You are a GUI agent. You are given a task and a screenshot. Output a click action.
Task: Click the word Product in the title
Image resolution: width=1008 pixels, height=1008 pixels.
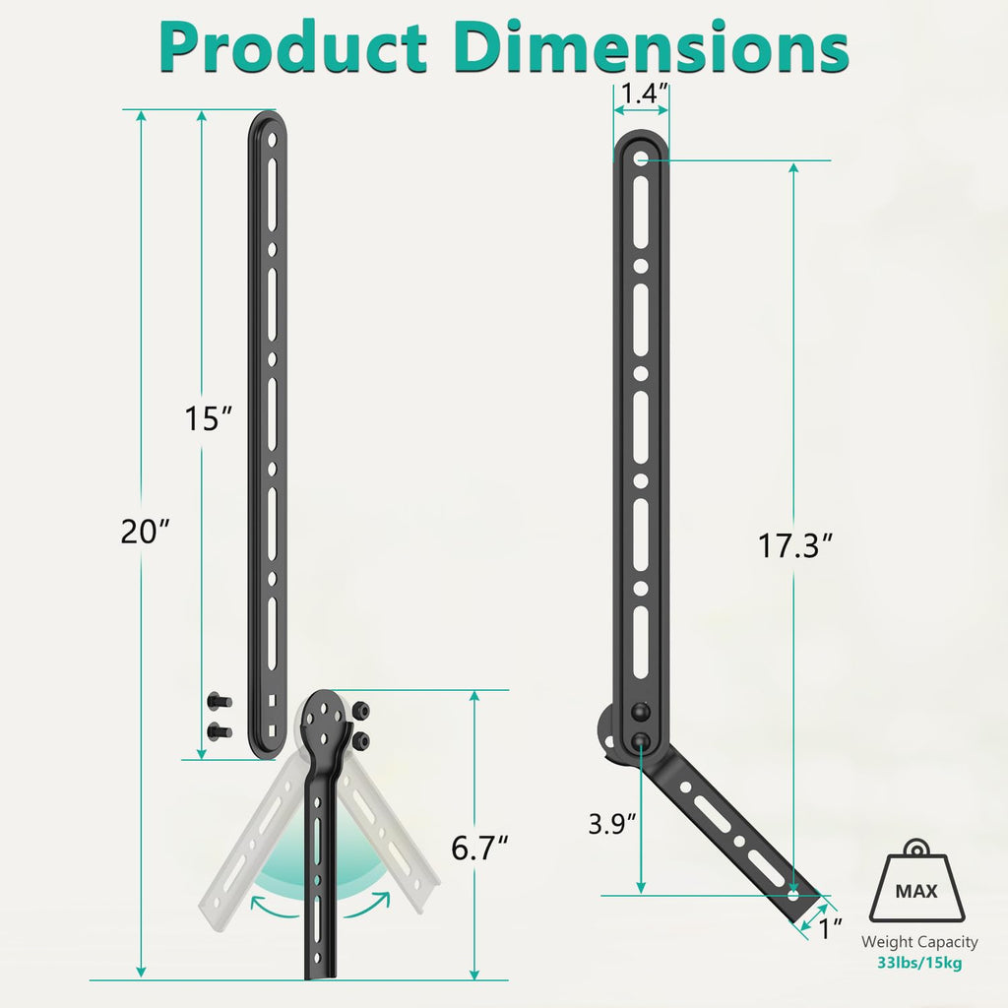point(292,46)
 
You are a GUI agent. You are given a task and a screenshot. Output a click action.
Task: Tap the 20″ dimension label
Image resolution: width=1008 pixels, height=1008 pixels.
point(145,532)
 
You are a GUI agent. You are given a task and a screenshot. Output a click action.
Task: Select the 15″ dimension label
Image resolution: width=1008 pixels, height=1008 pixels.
point(209,418)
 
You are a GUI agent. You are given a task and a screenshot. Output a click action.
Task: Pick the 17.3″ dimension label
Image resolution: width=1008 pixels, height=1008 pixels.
point(795,546)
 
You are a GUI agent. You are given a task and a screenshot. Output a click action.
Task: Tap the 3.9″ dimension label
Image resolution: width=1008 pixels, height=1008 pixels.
point(613,823)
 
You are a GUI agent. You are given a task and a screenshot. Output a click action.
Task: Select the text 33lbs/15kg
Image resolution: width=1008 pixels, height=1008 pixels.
point(919,962)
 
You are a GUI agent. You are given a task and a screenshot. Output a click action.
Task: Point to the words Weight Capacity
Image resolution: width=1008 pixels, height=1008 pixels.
point(919,942)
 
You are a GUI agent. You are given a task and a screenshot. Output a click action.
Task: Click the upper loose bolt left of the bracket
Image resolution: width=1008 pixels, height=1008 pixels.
point(218,701)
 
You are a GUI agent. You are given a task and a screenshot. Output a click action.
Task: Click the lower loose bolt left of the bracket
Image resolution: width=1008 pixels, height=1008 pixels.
point(218,730)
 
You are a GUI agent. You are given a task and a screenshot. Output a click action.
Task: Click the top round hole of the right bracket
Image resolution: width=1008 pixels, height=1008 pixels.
point(641,158)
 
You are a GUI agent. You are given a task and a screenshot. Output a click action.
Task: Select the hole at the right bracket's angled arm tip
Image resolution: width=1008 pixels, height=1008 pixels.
point(794,896)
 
